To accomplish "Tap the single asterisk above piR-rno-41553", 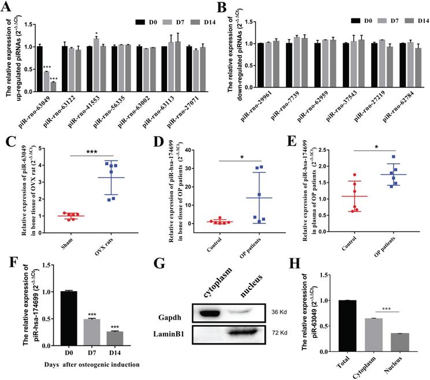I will tap(96, 33).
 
